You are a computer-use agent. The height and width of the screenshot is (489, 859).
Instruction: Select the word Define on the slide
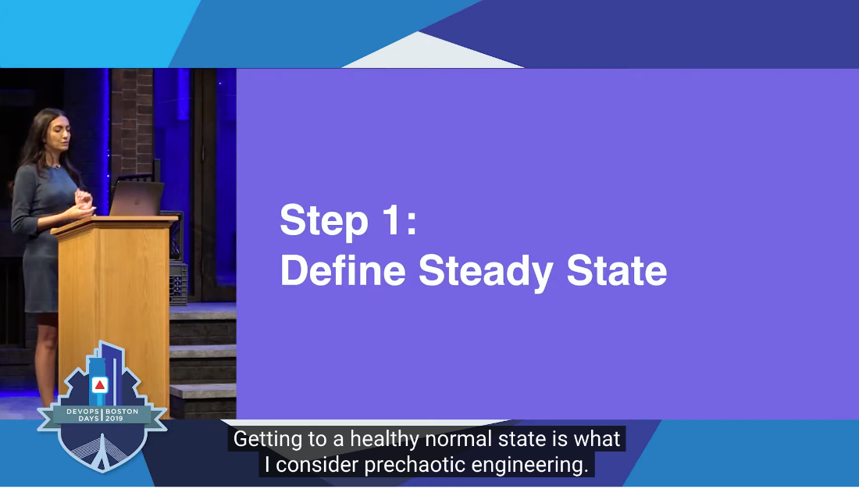click(x=343, y=269)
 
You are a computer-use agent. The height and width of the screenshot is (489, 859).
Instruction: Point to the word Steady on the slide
click(x=486, y=272)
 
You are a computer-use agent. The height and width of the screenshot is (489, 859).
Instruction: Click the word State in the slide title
click(x=617, y=269)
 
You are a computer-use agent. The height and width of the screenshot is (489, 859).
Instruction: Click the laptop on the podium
click(x=137, y=198)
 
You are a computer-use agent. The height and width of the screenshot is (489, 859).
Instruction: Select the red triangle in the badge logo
click(x=100, y=385)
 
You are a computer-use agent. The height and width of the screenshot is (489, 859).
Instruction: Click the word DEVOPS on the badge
click(x=83, y=411)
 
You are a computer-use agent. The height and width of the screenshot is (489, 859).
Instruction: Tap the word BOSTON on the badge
click(x=122, y=411)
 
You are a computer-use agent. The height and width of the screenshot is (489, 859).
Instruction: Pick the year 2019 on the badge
click(x=114, y=418)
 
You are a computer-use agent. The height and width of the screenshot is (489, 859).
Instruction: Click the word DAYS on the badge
click(x=88, y=418)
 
